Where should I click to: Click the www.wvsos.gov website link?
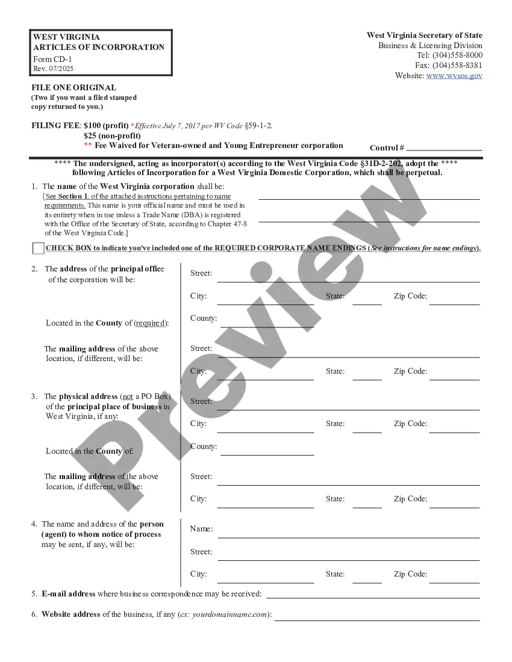454,76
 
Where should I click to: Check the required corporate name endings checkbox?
38,248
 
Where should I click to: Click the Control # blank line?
444,148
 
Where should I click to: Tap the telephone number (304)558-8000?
457,55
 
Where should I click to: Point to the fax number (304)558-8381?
457,66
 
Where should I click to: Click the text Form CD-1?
52,60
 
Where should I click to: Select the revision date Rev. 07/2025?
54,69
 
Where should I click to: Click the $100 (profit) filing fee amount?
105,126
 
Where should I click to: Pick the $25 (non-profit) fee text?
112,135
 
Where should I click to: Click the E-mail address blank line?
372,596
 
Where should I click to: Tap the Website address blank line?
376,619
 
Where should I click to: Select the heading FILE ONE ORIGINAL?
74,87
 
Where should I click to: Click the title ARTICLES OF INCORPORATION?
99,48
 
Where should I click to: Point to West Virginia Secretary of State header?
424,36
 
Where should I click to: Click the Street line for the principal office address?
348,280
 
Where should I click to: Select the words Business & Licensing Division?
430,46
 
